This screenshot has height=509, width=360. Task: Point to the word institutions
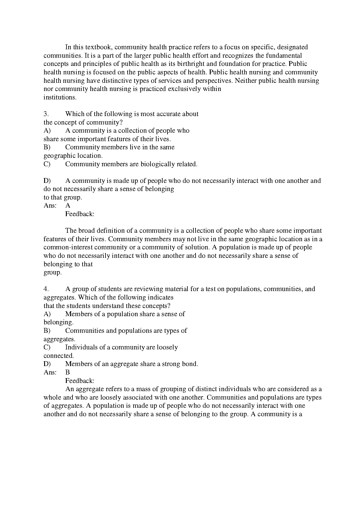click(60, 97)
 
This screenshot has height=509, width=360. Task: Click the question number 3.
click(46, 114)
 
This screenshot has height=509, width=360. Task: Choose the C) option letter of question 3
click(47, 164)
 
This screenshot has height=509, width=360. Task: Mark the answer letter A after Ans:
click(68, 206)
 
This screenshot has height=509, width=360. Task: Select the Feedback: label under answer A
click(80, 214)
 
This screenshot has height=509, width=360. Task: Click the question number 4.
click(46, 289)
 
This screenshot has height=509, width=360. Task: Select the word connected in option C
click(58, 356)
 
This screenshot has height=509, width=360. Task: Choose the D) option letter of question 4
click(47, 364)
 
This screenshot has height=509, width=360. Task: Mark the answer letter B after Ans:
click(68, 372)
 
